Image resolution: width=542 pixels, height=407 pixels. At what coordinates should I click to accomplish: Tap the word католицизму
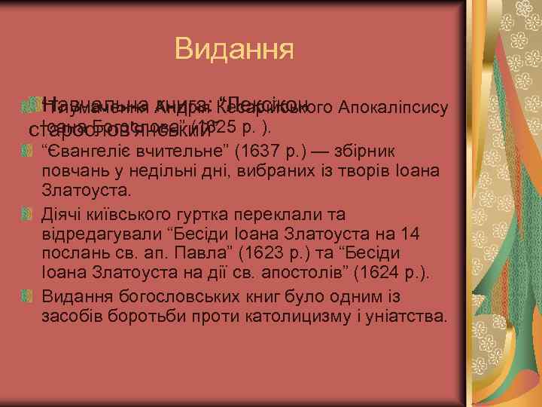(304, 315)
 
